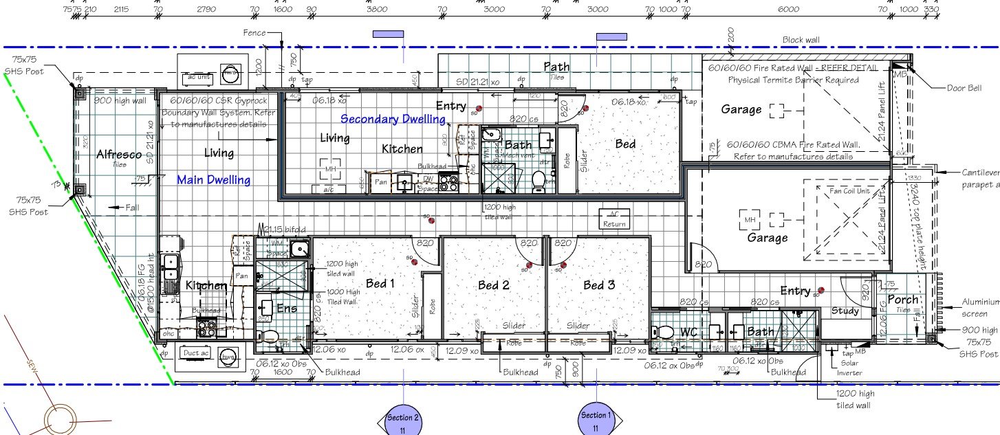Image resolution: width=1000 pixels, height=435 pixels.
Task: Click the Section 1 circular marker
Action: click(595, 419)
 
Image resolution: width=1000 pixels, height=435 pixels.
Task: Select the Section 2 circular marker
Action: click(402, 421)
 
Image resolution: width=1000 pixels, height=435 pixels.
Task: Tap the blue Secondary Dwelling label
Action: click(393, 119)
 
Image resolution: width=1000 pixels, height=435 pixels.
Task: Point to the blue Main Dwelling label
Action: click(213, 180)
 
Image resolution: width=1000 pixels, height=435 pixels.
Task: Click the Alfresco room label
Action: click(119, 155)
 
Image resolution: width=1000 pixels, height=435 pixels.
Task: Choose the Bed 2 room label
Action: click(493, 285)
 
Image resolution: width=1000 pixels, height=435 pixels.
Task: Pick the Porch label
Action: click(902, 300)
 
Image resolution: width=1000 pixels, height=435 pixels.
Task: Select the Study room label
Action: click(845, 311)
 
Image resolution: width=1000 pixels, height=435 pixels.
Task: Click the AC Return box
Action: click(614, 219)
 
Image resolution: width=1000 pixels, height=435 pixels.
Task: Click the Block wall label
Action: click(803, 40)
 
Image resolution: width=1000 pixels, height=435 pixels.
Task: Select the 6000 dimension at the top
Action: click(788, 10)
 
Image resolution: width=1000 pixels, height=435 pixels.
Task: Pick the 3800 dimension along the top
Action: click(376, 10)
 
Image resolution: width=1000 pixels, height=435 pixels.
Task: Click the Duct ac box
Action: click(196, 353)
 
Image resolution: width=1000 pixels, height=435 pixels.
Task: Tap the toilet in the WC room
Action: click(665, 333)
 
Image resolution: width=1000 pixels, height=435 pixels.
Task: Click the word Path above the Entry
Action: click(556, 67)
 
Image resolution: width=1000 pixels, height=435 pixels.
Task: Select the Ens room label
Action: click(286, 309)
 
